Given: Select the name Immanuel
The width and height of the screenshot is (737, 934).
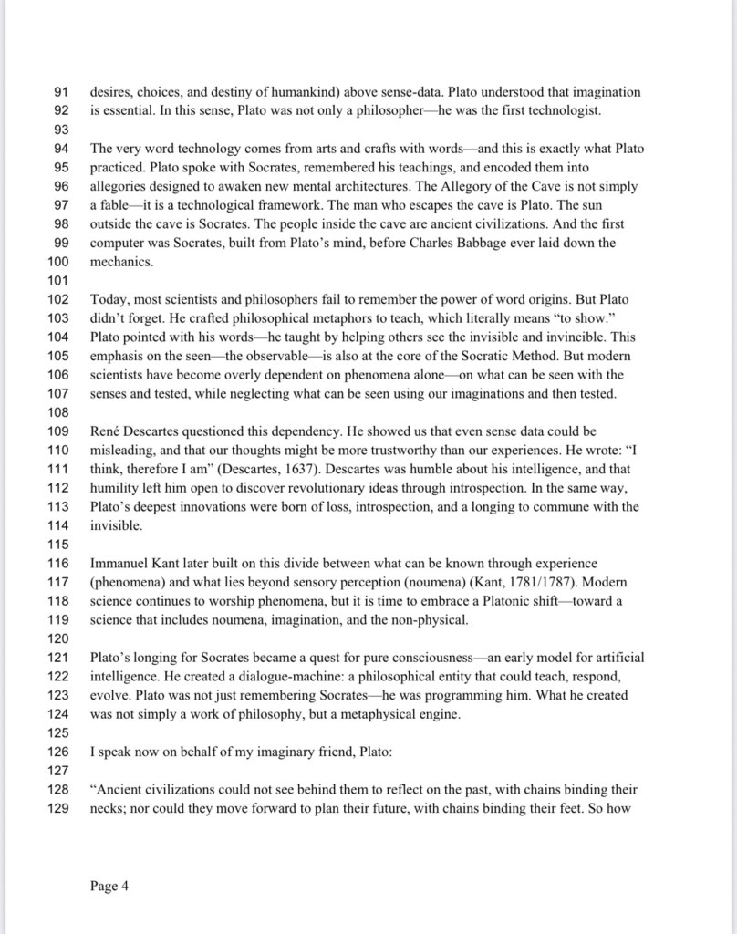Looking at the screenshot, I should tap(123, 563).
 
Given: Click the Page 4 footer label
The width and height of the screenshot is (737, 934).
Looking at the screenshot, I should tap(109, 885).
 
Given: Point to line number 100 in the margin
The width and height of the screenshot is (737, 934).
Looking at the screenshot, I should tap(57, 262).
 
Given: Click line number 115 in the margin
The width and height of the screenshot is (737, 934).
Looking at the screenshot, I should tap(57, 545).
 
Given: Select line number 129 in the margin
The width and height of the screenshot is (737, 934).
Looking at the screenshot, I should tap(57, 808).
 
